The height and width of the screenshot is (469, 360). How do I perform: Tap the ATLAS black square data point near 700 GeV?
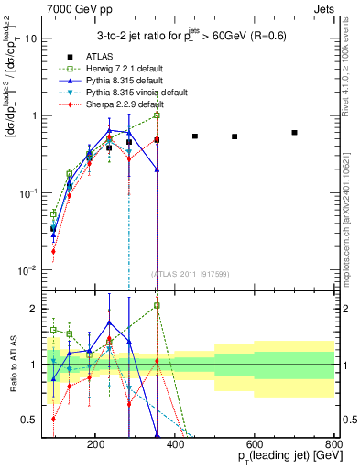click(x=294, y=133)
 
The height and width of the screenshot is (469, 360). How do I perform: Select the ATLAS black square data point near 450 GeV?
click(x=195, y=136)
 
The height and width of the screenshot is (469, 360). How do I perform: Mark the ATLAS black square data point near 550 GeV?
click(x=235, y=137)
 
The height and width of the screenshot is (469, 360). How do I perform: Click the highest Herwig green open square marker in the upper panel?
click(x=157, y=115)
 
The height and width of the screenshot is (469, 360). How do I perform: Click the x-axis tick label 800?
click(x=333, y=442)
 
